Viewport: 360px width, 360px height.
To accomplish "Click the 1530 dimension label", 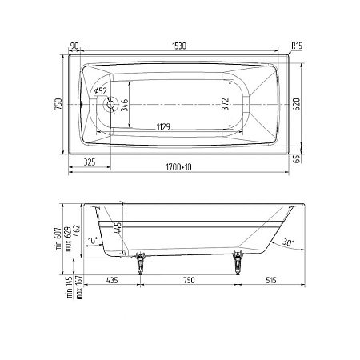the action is [x=179, y=46].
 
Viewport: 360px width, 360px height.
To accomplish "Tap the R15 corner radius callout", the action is [x=297, y=46].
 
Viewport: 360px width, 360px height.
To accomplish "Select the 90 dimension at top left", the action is [x=74, y=46].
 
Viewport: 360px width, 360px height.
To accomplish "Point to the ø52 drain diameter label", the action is [x=101, y=91].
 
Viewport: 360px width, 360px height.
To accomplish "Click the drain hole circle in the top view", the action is [x=110, y=104].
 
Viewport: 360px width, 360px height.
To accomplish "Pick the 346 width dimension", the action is [x=125, y=105].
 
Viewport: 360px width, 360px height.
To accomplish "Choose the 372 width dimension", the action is [x=226, y=104].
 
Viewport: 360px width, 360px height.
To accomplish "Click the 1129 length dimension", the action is [x=163, y=126].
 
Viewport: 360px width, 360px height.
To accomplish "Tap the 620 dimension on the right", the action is [x=297, y=104].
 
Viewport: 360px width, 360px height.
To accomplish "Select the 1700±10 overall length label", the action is [x=178, y=167].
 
